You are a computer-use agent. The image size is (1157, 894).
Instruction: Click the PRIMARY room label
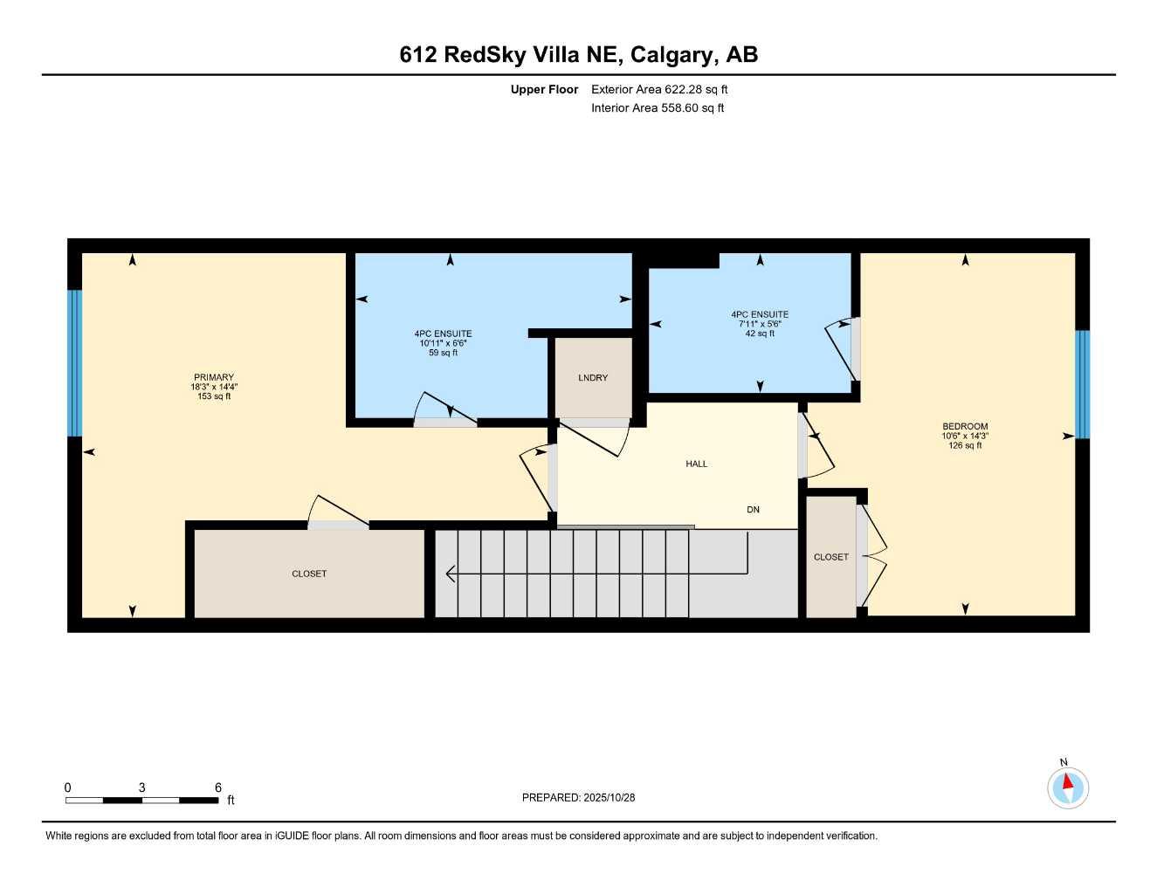(214, 377)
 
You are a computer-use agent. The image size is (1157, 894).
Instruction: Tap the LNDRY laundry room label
(593, 377)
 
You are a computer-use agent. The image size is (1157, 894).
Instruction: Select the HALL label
(696, 464)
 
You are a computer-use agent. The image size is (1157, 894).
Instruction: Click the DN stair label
(753, 509)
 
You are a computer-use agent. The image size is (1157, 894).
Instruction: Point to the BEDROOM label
(965, 426)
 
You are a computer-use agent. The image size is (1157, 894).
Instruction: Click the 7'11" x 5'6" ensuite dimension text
(760, 324)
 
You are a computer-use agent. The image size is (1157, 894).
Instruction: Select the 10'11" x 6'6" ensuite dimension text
(443, 343)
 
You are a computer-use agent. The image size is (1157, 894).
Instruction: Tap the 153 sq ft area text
(214, 396)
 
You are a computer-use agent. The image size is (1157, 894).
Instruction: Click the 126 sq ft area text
(965, 445)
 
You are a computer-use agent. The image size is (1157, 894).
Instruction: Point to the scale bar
(142, 800)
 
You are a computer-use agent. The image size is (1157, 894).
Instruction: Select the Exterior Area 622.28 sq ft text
(659, 89)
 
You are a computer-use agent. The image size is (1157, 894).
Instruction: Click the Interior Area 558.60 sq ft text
(658, 108)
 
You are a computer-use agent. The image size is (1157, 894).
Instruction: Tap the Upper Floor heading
(544, 89)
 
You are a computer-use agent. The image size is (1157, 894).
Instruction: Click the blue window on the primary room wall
(75, 362)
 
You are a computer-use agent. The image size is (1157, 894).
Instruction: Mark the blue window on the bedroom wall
(1082, 384)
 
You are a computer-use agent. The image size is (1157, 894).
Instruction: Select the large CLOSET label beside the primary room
(309, 574)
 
